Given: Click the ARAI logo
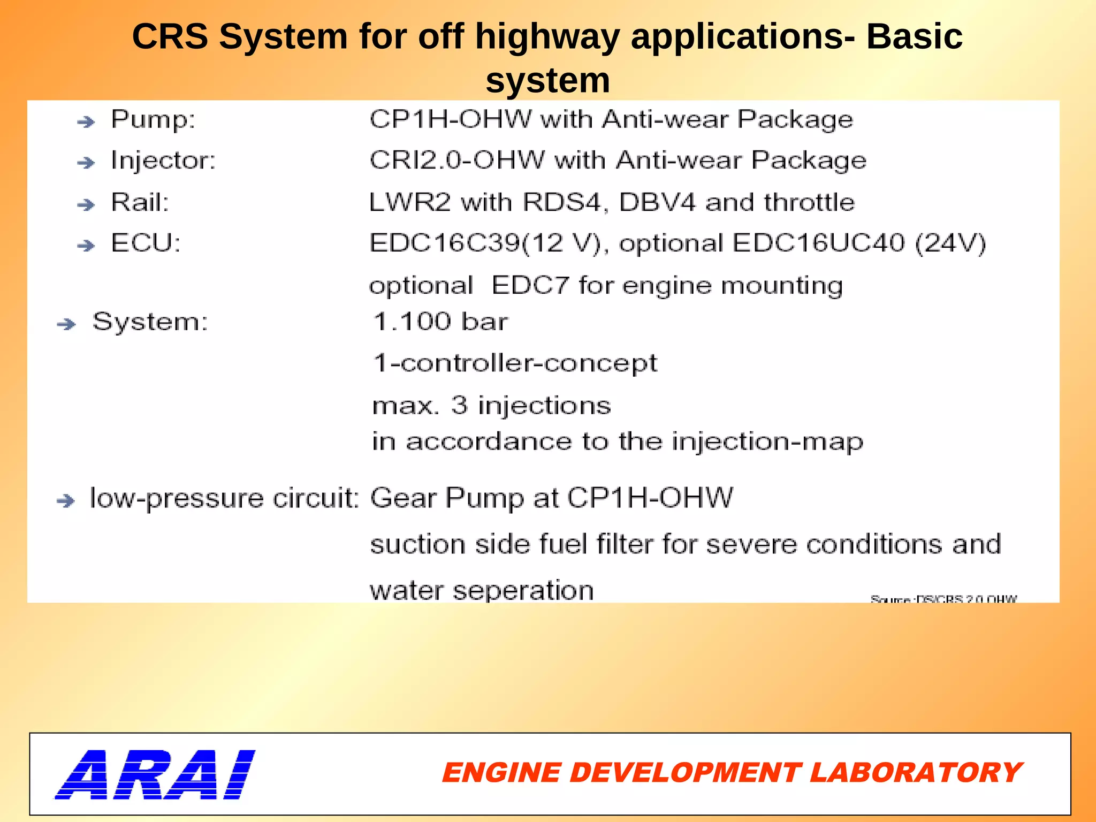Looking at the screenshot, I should pos(155,774).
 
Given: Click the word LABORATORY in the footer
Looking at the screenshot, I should pos(915,773).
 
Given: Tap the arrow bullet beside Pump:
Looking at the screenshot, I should pos(86,122).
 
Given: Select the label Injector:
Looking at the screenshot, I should pos(163,161).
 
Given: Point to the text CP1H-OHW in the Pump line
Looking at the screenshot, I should pos(451,119).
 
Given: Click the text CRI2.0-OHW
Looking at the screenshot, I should pos(457,160).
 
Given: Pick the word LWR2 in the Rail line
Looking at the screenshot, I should pos(410,202).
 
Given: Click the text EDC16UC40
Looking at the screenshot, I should pos(818,243).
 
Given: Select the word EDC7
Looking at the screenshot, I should pos(530,285).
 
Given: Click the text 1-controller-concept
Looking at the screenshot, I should pos(515,364).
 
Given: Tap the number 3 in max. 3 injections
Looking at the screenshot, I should pos(459,405).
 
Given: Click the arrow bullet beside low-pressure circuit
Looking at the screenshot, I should pos(66,501).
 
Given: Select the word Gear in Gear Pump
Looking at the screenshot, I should pos(403,498).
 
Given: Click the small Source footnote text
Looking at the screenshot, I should pos(943,599).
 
